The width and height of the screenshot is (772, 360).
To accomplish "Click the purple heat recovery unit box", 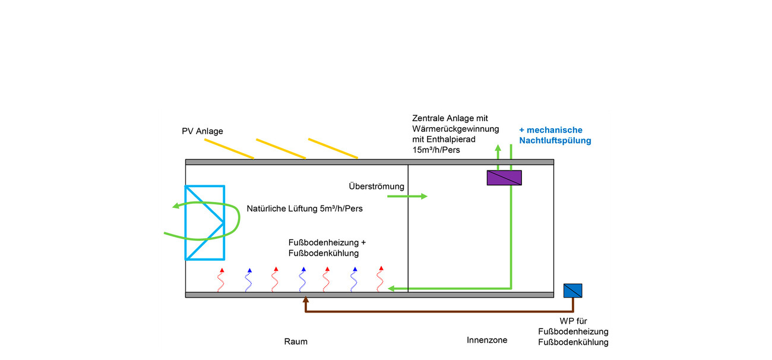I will pos(504,178).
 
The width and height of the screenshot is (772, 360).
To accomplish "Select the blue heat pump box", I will pos(572,290).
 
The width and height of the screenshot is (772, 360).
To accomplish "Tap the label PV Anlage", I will pos(203,131).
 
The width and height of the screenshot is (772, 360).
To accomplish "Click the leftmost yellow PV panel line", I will pos(229,149).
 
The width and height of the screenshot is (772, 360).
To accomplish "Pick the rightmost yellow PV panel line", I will pos(333,149).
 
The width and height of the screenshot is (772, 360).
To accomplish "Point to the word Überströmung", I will pos(376,187).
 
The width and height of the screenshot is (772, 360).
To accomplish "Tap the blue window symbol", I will pos(204,223).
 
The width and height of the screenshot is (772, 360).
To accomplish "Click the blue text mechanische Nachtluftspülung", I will pos(555,135).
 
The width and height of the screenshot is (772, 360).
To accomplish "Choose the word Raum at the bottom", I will pos(296,342).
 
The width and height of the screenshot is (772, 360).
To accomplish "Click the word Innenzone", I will pos(487,340).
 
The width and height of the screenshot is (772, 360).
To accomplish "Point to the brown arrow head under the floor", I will pos(305,301).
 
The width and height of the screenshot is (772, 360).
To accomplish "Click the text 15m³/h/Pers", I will pos(436,150).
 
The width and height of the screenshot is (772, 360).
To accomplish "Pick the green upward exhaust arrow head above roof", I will pos(498,147).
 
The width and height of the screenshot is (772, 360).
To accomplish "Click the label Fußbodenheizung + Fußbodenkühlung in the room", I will pos(327,248).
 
